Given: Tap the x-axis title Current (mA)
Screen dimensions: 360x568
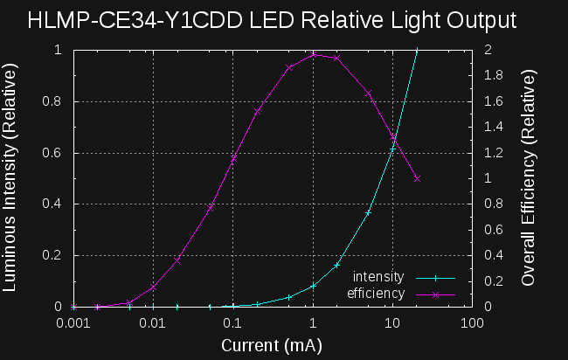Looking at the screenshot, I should pos(272,345).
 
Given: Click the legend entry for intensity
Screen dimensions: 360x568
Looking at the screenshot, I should pos(378,277).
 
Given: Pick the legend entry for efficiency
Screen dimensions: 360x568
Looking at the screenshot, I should pos(376,294).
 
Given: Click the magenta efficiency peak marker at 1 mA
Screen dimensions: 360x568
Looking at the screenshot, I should pos(313,55).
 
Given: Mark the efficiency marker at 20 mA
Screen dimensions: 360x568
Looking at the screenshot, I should pos(417,178).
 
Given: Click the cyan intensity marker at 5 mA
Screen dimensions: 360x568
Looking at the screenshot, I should pos(369,212).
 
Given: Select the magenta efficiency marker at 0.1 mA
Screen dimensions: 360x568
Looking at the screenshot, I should pos(233,159).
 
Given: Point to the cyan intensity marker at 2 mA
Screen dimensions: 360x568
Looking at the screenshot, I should pos(337,265).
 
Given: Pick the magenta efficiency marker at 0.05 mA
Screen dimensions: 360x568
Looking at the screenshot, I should pos(210,209).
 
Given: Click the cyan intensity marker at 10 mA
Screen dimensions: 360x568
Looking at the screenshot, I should pos(392,149).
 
